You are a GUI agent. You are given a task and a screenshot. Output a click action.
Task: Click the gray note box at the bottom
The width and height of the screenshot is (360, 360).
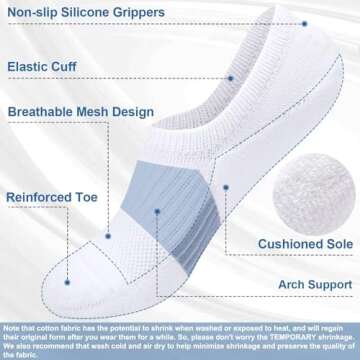[x=180, y=337]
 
